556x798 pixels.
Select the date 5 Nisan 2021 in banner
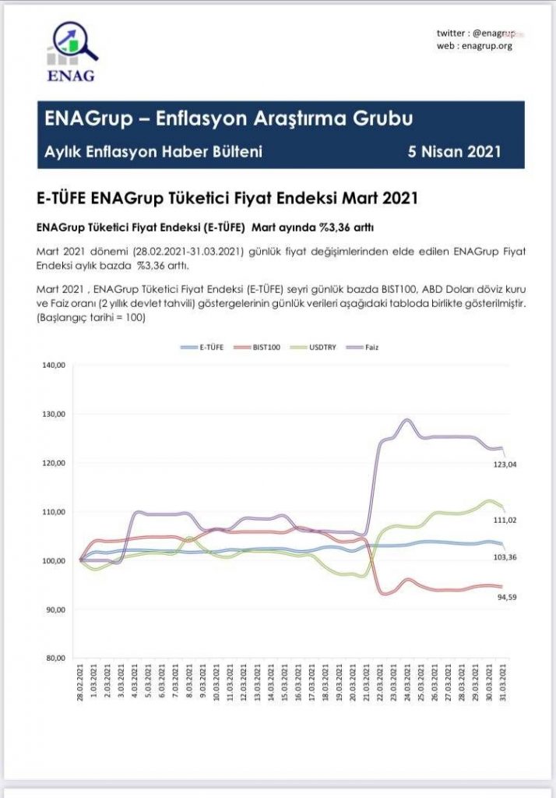click(454, 151)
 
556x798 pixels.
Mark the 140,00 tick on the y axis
click(52, 365)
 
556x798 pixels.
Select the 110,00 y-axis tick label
click(52, 512)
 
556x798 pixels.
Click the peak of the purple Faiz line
click(406, 420)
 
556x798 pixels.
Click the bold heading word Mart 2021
click(383, 198)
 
